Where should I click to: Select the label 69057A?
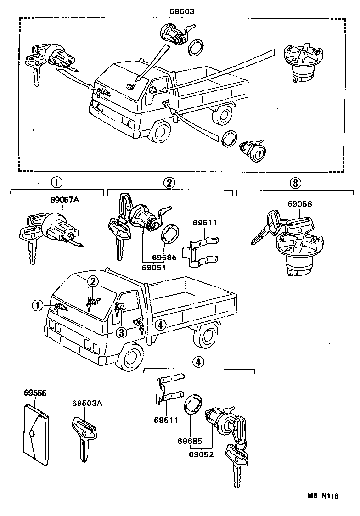[64, 200]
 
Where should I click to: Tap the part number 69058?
[300, 204]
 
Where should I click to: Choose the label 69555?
[35, 393]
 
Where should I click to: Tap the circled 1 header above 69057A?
[56, 182]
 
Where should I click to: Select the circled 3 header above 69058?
[295, 183]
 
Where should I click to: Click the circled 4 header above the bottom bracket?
[197, 362]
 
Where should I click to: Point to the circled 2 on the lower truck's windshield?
[93, 281]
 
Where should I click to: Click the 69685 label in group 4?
[190, 441]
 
